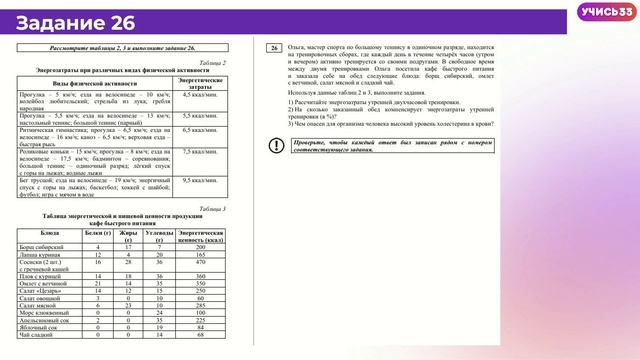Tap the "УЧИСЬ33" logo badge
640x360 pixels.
point(605,12)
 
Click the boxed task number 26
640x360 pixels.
point(275,48)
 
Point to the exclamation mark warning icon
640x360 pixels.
point(276,146)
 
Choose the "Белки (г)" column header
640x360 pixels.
point(95,232)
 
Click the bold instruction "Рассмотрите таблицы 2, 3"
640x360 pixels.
point(121,48)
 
